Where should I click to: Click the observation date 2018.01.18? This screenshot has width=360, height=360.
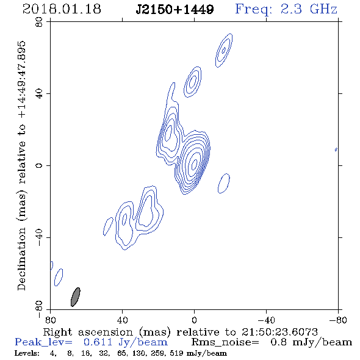62,9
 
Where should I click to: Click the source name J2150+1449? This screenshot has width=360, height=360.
175,9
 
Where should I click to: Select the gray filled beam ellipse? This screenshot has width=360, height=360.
75,297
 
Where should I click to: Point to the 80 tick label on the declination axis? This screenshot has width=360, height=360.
39,22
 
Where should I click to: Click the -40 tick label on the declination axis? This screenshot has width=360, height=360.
39,237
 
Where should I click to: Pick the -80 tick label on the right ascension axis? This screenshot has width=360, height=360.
338,320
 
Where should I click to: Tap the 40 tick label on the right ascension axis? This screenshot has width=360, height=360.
122,320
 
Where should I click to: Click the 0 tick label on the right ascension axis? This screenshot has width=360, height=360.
194,320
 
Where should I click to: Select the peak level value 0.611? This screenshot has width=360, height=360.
98,342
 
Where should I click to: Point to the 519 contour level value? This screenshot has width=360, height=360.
176,353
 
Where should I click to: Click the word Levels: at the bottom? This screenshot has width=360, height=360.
27,353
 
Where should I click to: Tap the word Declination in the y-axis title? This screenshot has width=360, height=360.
21,259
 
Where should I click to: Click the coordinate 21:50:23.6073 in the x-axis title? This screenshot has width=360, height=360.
279,332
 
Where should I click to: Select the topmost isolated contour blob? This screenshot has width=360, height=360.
224,51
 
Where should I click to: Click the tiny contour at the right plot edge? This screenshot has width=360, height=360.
336,149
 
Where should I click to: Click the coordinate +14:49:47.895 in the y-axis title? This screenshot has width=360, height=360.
22,79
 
